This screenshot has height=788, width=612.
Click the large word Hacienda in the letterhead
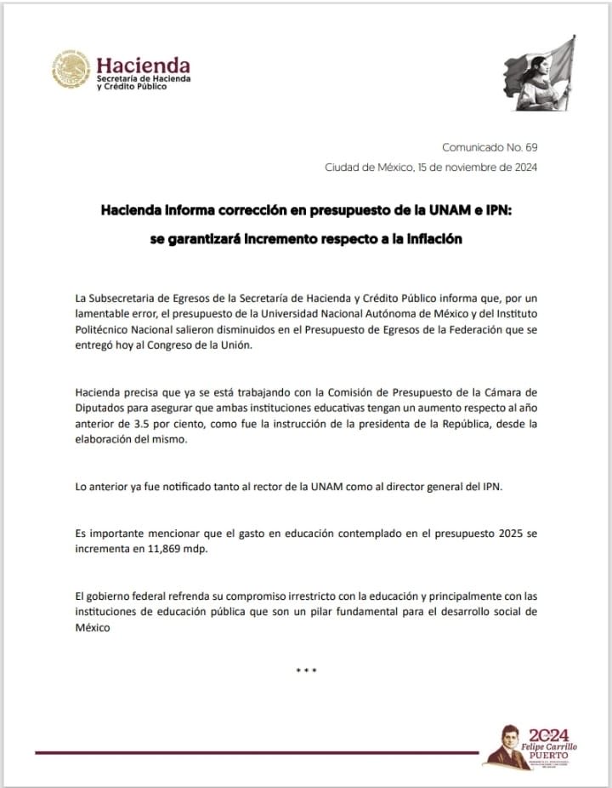pyautogui.click(x=143, y=66)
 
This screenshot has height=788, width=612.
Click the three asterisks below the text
pyautogui.click(x=306, y=671)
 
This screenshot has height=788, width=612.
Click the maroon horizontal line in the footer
pyautogui.click(x=255, y=752)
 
